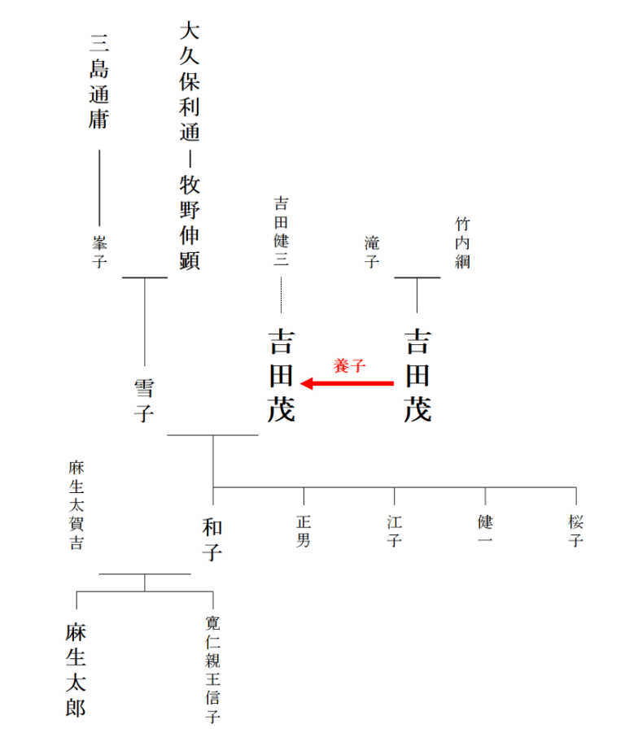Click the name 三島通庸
98,81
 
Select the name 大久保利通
190,81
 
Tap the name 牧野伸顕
190,222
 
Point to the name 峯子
99,252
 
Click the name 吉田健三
282,231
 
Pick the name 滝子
372,252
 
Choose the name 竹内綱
462,242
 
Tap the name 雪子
145,400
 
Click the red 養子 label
350,366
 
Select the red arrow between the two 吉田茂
347,384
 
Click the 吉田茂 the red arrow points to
282,376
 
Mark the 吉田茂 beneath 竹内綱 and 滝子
417,376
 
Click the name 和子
212,539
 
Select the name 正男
304,531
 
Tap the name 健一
485,530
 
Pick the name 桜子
576,531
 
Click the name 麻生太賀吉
76,505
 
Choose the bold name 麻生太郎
76,670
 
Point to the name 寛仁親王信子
212,670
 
